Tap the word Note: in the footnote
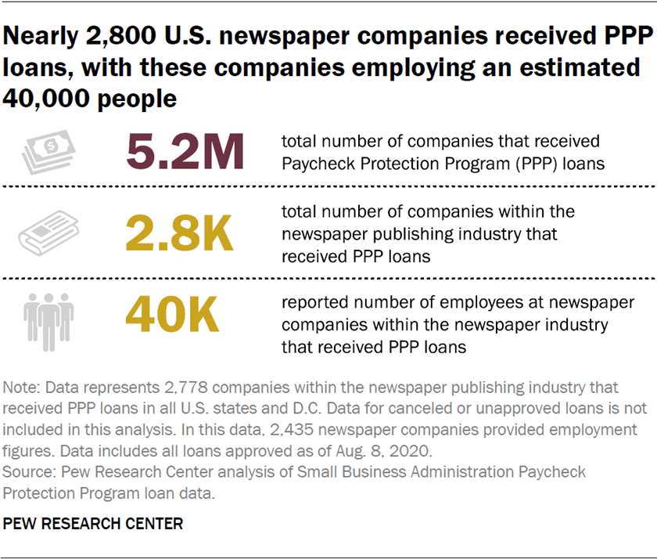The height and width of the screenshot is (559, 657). click(x=21, y=388)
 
